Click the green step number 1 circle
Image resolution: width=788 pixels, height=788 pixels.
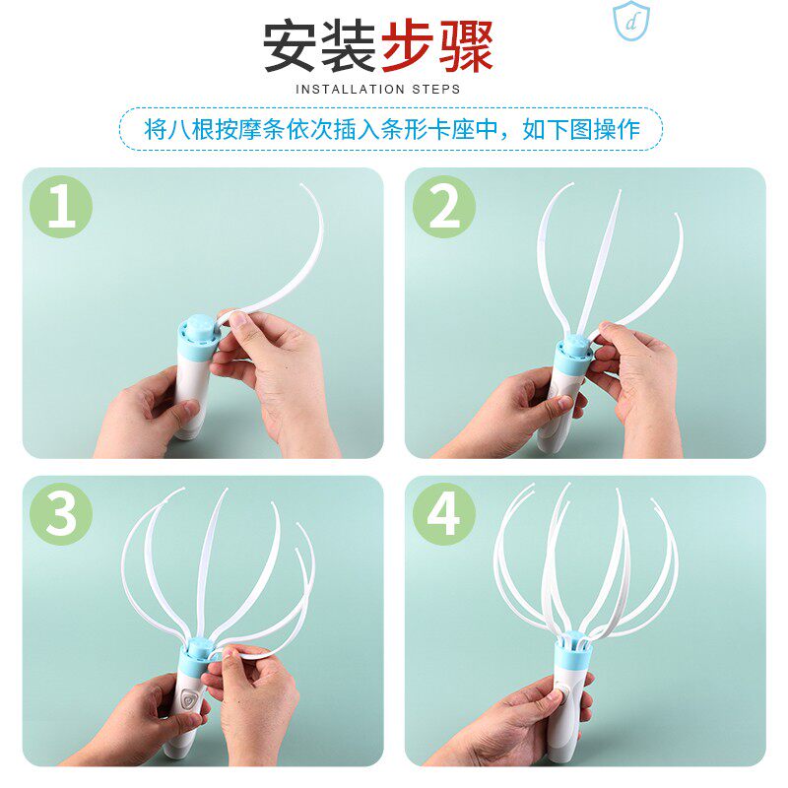pos(61,207)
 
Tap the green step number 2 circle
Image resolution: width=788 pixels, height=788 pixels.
pos(444,207)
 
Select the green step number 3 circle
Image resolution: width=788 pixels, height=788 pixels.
pos(61,514)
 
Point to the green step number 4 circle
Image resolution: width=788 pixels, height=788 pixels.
pos(444,514)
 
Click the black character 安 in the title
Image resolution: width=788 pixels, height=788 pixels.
pos(292,46)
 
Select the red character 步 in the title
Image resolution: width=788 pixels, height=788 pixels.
pos(407,46)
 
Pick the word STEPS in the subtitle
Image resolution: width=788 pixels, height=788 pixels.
pos(436,90)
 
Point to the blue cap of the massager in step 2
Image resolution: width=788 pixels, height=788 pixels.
pos(572,356)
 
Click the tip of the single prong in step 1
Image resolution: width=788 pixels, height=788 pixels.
pos(301,185)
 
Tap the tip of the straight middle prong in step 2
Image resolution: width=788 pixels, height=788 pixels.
pos(620,191)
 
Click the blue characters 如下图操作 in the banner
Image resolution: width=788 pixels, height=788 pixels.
pos(581,129)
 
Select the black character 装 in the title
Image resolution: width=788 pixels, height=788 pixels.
pos(349,46)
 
